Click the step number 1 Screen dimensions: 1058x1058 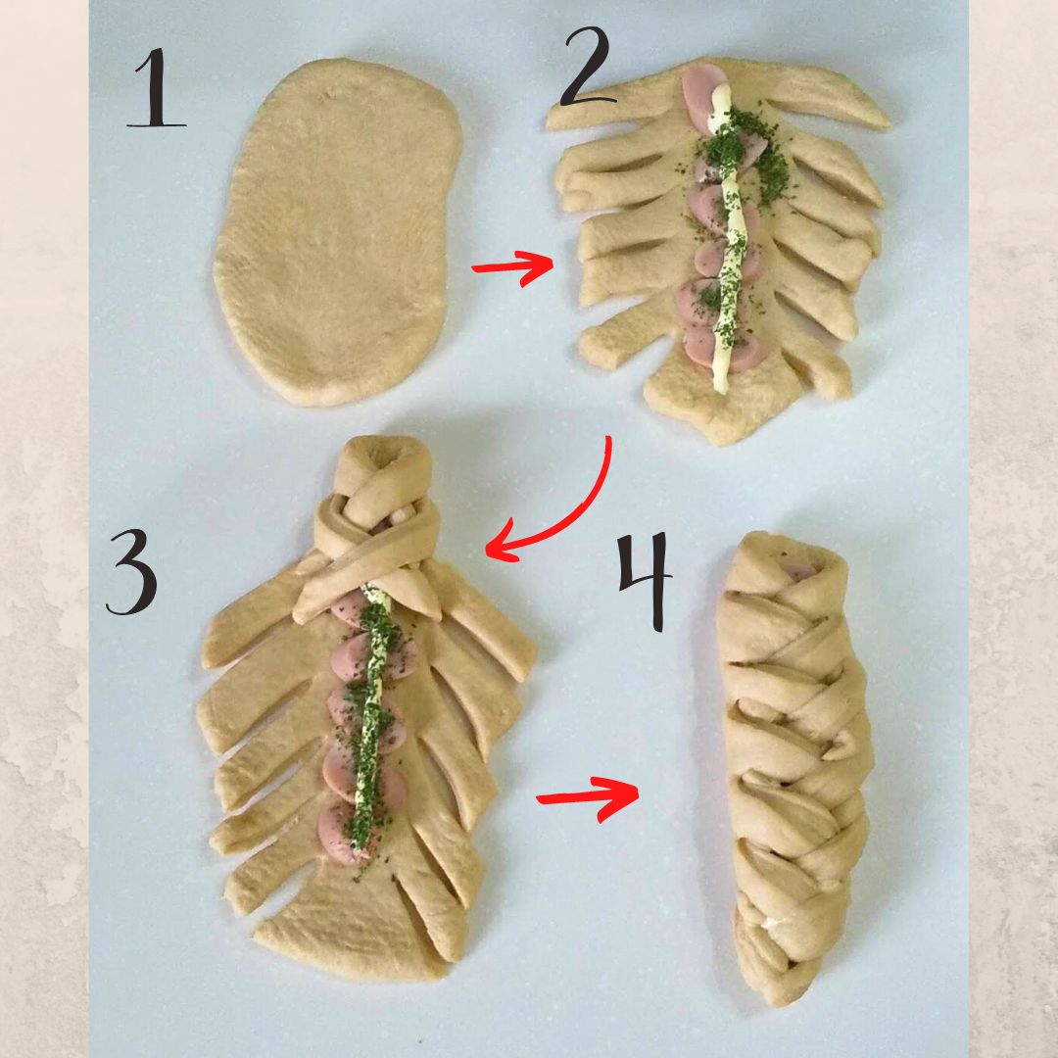(157, 88)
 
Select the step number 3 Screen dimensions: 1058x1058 (133, 572)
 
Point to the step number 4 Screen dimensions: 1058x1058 (646, 582)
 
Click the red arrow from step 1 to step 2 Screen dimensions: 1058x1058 (512, 267)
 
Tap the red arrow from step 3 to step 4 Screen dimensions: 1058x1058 (587, 798)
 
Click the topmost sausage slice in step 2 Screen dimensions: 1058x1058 (701, 94)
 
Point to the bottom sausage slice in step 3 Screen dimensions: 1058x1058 (344, 834)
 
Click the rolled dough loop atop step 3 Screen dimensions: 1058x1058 (383, 467)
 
